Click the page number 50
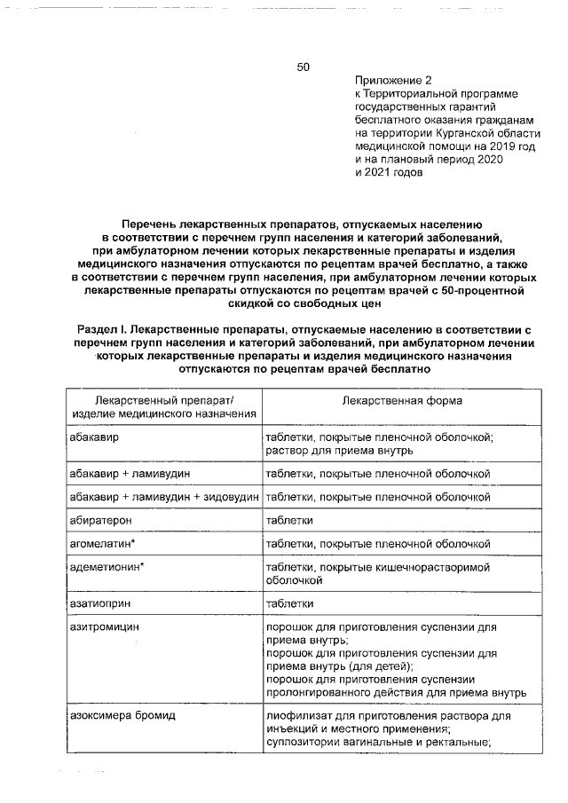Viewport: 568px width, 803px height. (x=303, y=67)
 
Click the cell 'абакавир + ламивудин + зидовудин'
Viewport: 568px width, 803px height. (x=164, y=498)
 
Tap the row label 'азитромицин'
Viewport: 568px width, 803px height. (x=105, y=626)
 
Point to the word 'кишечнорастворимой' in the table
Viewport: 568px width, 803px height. (x=437, y=566)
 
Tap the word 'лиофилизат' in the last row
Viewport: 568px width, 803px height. (x=296, y=715)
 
